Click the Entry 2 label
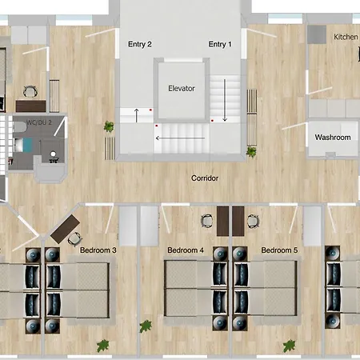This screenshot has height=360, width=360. click(x=140, y=44)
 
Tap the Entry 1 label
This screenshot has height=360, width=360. click(x=220, y=44)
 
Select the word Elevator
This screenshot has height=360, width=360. click(x=182, y=89)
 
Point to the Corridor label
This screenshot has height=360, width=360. click(x=205, y=178)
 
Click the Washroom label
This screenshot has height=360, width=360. click(x=333, y=138)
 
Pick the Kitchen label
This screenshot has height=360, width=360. click(x=346, y=37)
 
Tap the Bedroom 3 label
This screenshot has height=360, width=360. click(x=98, y=250)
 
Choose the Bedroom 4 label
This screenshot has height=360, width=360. click(x=186, y=250)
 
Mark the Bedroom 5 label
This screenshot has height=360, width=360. click(x=279, y=250)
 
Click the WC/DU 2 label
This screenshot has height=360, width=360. click(x=39, y=122)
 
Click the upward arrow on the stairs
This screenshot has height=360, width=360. click(x=137, y=115)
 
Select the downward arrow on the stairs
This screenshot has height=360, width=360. click(x=225, y=100)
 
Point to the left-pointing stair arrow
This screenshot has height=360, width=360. click(x=180, y=138)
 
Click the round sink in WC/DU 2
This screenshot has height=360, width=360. click(x=53, y=154)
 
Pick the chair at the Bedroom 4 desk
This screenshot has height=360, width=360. click(x=207, y=221)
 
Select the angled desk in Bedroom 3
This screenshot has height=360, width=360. click(x=66, y=229)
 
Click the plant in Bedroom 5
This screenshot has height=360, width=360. click(x=290, y=346)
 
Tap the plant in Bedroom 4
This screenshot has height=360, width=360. click(x=146, y=326)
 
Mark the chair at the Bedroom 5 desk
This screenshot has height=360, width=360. click(x=253, y=221)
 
